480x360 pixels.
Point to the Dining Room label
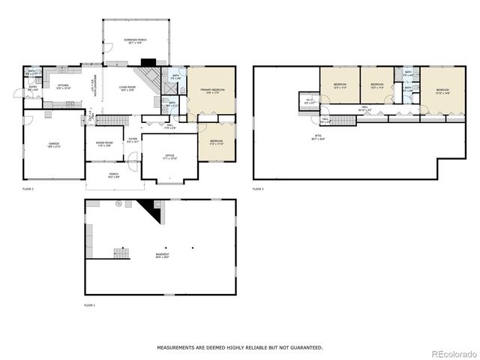tap(104, 143)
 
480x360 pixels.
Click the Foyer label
tap(133, 139)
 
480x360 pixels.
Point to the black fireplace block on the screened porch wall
tap(148, 64)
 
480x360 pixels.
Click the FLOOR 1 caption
tap(90, 306)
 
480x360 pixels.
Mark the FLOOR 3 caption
tap(258, 188)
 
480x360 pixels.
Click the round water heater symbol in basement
tap(118, 204)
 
